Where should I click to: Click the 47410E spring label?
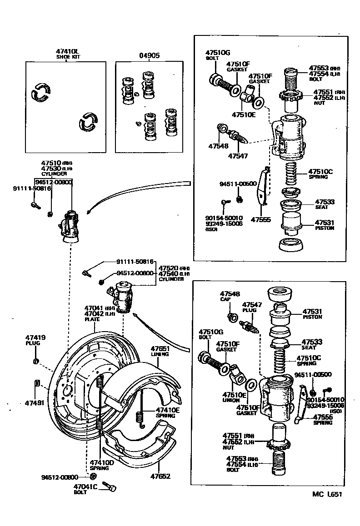pos(168,409)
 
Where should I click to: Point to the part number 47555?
pos(260,219)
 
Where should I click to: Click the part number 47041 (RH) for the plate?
pos(95,308)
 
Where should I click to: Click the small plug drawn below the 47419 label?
pos(36,361)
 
